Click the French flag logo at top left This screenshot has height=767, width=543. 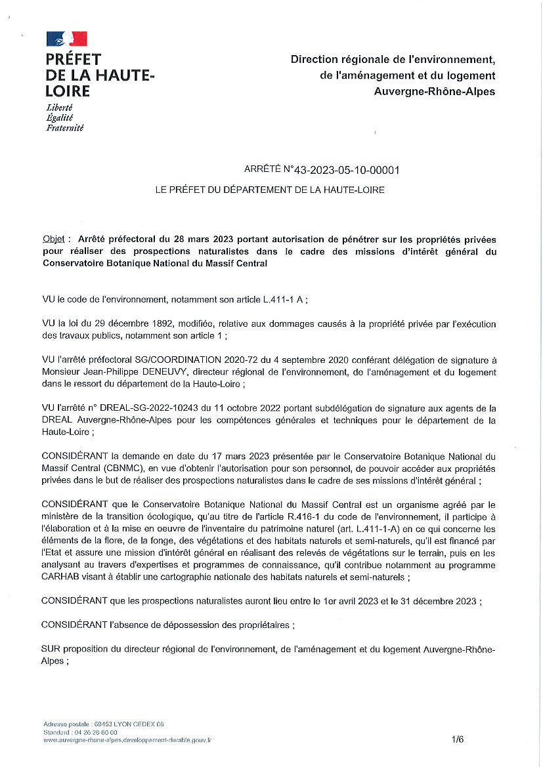tap(66, 39)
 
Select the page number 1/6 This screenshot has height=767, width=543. tap(458, 739)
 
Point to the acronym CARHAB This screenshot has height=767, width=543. tap(62, 578)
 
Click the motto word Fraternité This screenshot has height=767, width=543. tap(64, 128)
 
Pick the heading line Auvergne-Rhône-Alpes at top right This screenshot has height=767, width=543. tap(434, 91)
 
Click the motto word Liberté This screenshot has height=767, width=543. tap(59, 107)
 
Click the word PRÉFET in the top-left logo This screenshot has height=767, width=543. tap(73, 59)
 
